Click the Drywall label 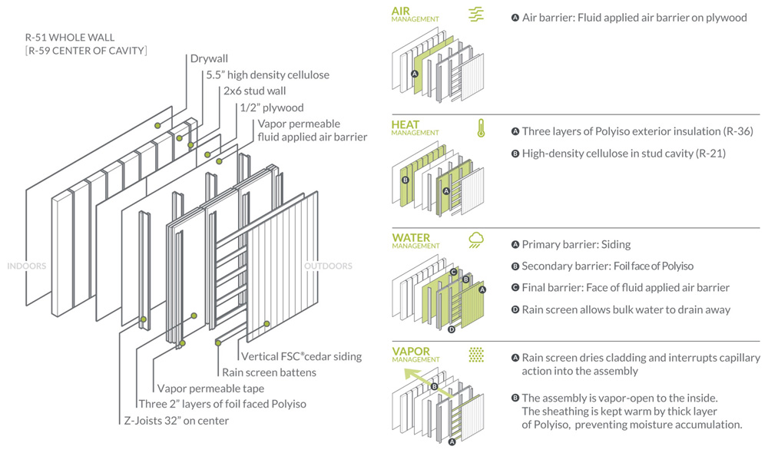210,58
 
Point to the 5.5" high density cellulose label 267,74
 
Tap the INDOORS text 26,266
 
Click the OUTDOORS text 328,266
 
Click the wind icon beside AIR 476,14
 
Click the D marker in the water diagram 452,329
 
